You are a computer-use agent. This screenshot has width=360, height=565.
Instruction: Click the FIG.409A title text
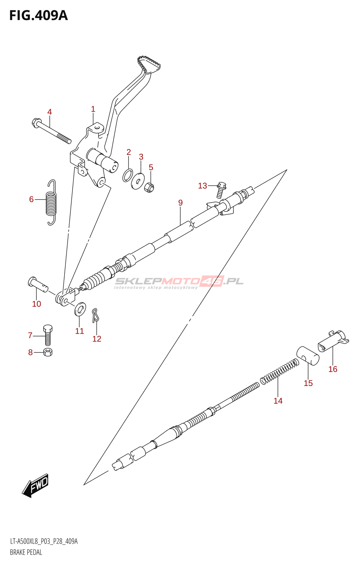(x=38, y=16)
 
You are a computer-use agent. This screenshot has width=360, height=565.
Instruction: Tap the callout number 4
(x=49, y=112)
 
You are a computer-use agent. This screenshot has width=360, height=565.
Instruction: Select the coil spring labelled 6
(x=52, y=203)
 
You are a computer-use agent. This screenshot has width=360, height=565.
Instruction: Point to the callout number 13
(x=202, y=186)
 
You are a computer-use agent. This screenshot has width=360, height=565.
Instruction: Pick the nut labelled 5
(x=150, y=187)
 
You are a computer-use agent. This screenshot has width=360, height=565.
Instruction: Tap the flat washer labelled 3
(x=138, y=180)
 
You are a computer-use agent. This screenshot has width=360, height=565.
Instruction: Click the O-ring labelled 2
(x=128, y=175)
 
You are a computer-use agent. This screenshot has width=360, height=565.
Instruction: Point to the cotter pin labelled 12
(x=95, y=315)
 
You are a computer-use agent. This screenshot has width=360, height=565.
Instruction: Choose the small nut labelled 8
(x=48, y=352)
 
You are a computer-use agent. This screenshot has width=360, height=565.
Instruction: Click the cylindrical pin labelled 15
(x=308, y=355)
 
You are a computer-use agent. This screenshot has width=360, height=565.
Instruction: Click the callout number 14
(x=278, y=401)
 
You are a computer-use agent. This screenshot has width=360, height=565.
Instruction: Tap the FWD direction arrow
(x=35, y=486)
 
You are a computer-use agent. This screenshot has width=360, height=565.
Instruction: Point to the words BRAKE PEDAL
(x=26, y=552)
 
